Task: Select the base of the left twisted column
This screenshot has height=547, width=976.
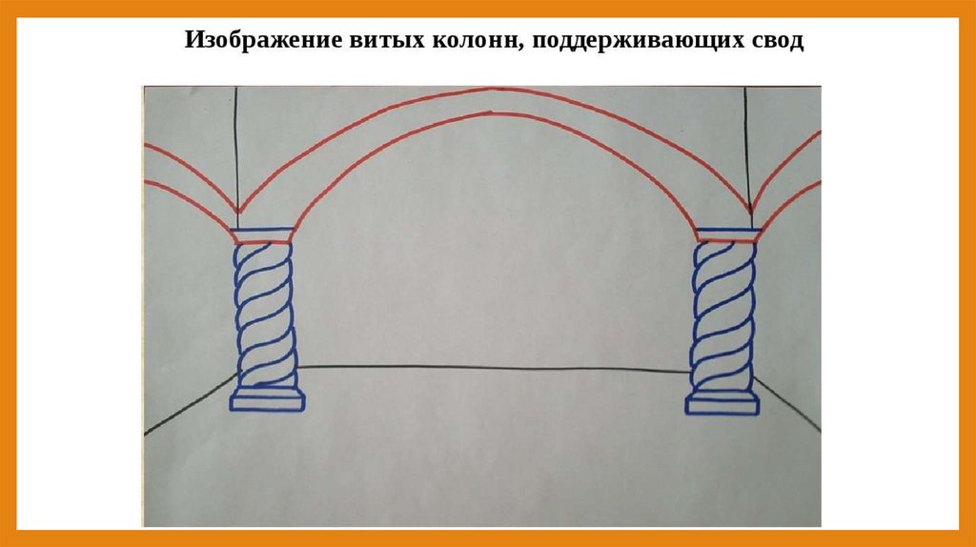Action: pos(267,399)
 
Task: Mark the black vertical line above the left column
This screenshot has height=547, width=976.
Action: pos(235,143)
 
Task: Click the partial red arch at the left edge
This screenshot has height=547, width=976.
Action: pos(186,172)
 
